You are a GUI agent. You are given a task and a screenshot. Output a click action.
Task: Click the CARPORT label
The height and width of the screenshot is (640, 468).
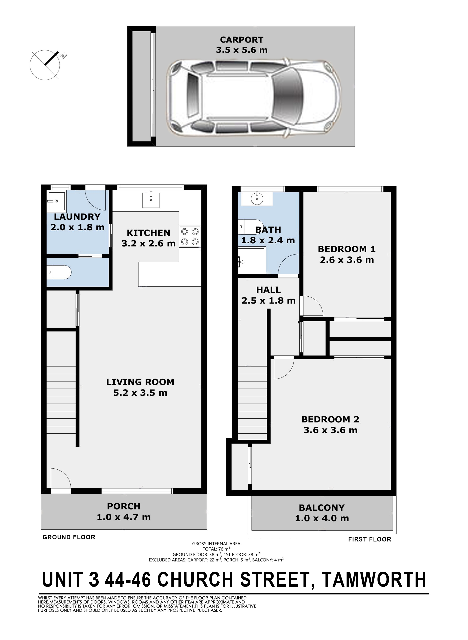click(242, 40)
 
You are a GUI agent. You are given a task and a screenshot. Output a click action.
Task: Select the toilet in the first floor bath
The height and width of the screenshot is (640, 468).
click(250, 227)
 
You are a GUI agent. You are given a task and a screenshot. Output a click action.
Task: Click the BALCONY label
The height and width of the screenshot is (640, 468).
click(322, 508)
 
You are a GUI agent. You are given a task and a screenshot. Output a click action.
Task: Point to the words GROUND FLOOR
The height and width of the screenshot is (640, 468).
click(69, 537)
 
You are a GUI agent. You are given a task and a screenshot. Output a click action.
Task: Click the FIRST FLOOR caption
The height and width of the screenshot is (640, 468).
click(370, 539)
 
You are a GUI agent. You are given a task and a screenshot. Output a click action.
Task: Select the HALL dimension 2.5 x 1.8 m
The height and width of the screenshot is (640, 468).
click(269, 300)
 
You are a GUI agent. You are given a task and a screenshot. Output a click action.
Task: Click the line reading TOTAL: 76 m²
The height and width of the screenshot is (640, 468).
click(216, 549)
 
